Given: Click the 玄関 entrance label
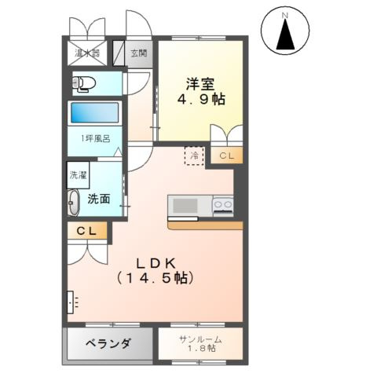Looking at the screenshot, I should point(138,53).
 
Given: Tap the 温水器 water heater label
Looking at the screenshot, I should point(86,53).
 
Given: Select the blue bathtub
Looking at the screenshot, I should point(95,112).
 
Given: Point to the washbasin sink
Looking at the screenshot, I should point(74,203).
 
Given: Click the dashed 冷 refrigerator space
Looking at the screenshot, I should point(194,154).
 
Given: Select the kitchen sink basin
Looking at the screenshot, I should point(185,206).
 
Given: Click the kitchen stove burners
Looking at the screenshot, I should point(223,206).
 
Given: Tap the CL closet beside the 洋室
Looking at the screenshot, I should point(225,156).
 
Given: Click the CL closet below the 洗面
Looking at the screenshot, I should point(87,232).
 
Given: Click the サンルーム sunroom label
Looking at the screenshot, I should point(199,343).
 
